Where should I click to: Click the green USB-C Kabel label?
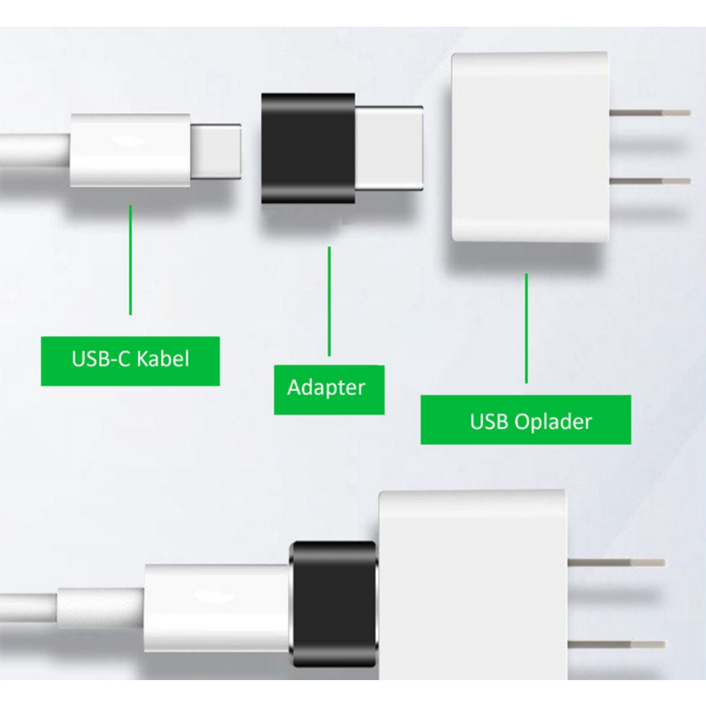(x=130, y=361)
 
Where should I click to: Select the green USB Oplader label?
(x=526, y=420)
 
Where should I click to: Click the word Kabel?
(x=163, y=359)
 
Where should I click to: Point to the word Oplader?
(x=554, y=421)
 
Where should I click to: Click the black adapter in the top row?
(x=308, y=148)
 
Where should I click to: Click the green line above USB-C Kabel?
(x=130, y=259)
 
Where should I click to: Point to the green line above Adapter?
(x=329, y=302)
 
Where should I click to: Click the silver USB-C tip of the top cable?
(x=217, y=151)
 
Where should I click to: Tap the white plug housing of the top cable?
(x=130, y=150)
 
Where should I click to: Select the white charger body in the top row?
(x=529, y=147)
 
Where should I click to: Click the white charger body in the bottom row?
(x=471, y=549)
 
